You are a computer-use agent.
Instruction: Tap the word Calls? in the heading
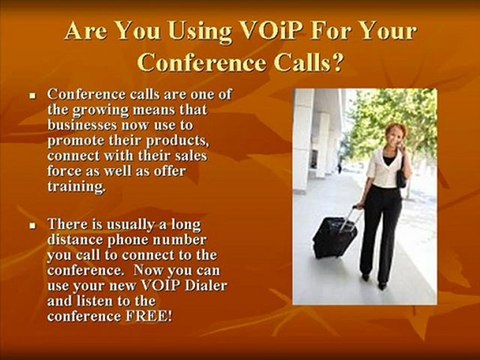309,62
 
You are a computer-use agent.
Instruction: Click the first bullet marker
32,96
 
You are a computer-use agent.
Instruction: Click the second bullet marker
32,226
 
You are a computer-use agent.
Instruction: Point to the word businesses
82,125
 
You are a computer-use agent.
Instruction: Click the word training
76,187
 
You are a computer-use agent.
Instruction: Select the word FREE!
149,316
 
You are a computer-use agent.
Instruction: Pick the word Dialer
206,285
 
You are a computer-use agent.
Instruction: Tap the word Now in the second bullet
146,270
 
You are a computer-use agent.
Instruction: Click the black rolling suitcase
335,236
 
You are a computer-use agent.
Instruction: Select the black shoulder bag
401,175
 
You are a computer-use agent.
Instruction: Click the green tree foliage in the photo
393,113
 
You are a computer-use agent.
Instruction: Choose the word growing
100,111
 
